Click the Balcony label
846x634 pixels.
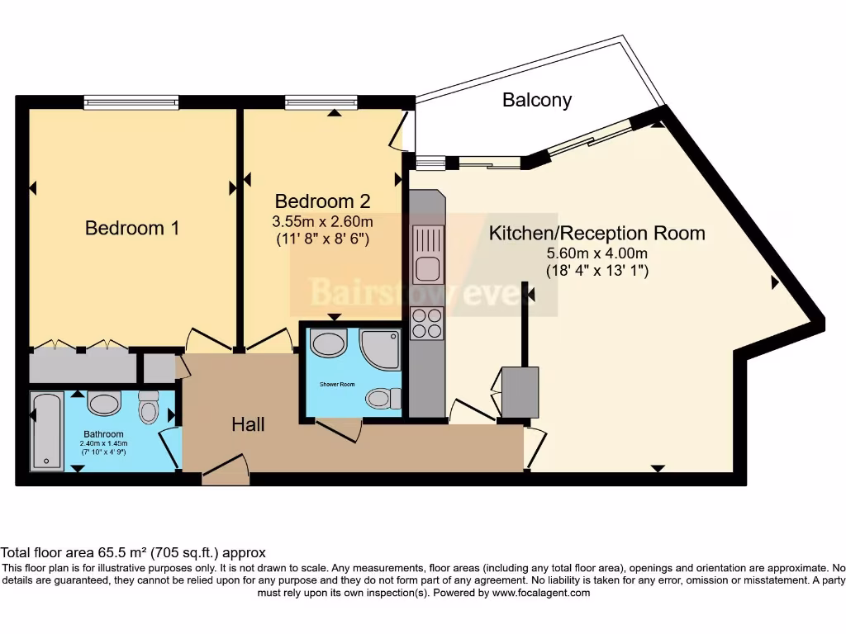click(x=537, y=101)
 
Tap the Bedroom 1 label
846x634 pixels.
click(x=132, y=228)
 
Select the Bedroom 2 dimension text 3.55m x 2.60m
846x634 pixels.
click(x=323, y=221)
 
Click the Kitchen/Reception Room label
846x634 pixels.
click(x=596, y=233)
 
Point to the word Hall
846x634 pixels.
click(x=248, y=424)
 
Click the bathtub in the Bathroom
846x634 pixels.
click(x=46, y=432)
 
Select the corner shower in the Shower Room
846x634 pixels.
click(x=381, y=349)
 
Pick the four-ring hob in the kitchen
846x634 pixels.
click(x=426, y=323)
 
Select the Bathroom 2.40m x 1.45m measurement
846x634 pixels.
click(x=103, y=443)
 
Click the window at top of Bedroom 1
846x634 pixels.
click(x=131, y=102)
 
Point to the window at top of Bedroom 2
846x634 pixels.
click(x=321, y=102)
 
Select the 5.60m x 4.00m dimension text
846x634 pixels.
click(x=596, y=253)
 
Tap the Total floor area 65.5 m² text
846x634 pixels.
click(x=132, y=552)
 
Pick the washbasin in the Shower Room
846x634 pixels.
click(x=330, y=343)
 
